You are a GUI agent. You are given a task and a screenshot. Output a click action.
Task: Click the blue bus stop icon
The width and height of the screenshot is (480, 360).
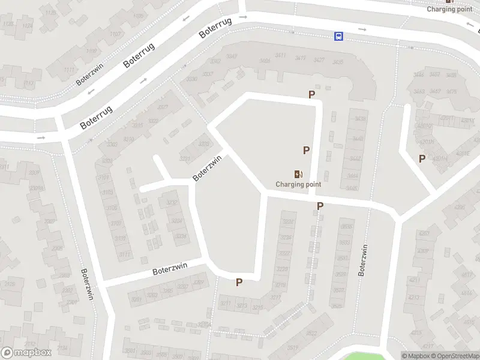pos(339,36)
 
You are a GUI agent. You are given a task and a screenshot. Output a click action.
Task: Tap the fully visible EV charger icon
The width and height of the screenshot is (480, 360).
pos(298,174)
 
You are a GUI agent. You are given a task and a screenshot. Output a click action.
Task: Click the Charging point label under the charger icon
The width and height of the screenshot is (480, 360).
pos(298,184)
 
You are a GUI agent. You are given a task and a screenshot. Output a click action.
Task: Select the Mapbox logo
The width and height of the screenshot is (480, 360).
pos(26,353)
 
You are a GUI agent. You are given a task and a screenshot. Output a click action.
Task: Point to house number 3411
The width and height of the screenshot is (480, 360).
pos(280,56)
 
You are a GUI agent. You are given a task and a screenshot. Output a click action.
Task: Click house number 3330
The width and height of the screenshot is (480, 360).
pos(192,79)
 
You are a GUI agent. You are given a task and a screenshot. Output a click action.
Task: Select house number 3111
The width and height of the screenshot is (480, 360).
pos(124,254)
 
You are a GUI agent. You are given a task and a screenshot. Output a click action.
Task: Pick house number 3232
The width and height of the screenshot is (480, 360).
pos(172,203)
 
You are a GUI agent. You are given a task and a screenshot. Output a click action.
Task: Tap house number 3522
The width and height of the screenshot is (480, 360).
pos(311,333)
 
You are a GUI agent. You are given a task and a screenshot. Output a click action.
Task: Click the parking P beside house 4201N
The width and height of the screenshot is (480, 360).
pos(422,158)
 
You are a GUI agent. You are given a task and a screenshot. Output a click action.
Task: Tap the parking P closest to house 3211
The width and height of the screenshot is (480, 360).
pos(239,282)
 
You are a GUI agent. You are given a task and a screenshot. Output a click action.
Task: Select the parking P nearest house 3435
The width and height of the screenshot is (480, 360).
pos(311,94)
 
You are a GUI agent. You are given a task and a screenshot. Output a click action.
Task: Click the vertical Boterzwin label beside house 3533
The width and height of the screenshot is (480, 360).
pos(362,261)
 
